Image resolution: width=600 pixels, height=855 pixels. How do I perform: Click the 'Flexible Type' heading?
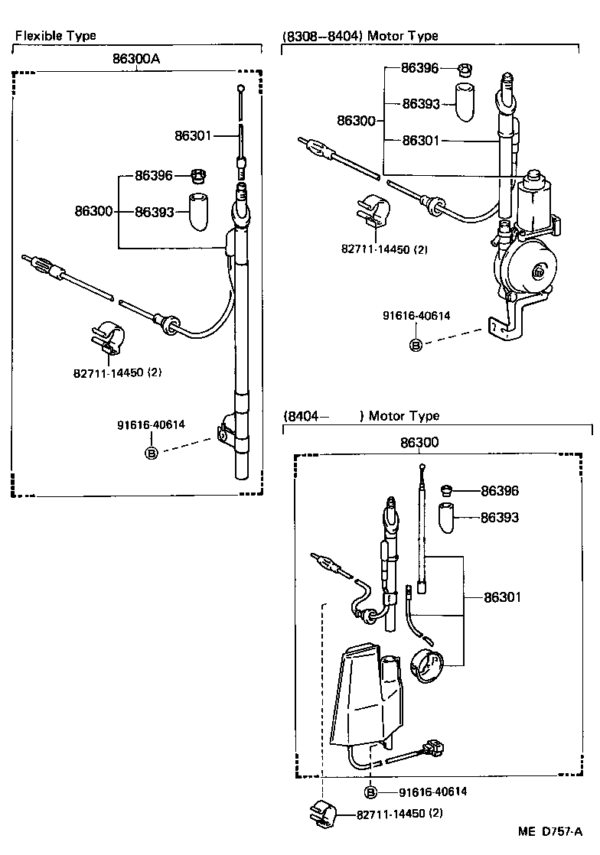tap(56, 36)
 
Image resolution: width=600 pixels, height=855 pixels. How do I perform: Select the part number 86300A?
tap(138, 58)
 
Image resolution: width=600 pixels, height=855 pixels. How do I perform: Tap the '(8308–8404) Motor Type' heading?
tap(360, 36)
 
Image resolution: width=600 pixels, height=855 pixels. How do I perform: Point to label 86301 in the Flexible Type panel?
tap(193, 136)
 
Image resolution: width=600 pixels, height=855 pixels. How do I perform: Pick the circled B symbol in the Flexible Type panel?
tap(152, 454)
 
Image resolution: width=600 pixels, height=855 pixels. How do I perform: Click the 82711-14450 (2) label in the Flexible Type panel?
tap(118, 372)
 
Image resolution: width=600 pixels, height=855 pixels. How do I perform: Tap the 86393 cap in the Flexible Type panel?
tap(200, 211)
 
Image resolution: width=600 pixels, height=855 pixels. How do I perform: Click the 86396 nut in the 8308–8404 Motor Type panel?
tap(464, 70)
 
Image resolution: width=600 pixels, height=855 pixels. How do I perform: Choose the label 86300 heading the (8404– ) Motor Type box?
tap(419, 443)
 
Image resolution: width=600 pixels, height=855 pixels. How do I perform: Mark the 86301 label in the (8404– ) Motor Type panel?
tap(501, 597)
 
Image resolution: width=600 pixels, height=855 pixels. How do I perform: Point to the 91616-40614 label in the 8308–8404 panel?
tap(417, 315)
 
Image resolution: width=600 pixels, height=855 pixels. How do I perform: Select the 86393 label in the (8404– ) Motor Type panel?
tap(499, 518)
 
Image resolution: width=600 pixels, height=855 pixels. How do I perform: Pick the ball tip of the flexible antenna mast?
tap(240, 89)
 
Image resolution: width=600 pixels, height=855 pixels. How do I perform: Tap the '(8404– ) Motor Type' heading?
tap(361, 416)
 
